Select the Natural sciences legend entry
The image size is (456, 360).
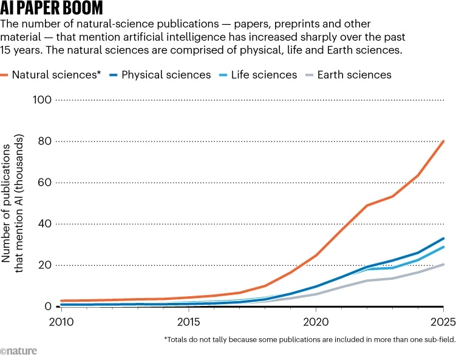[x=55, y=75]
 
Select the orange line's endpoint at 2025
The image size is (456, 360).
[x=443, y=141]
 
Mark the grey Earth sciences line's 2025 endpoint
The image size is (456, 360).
[x=443, y=264]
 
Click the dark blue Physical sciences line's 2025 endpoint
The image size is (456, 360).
[x=443, y=239]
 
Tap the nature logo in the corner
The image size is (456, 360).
[x=18, y=351]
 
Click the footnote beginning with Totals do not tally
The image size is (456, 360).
[x=310, y=339]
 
